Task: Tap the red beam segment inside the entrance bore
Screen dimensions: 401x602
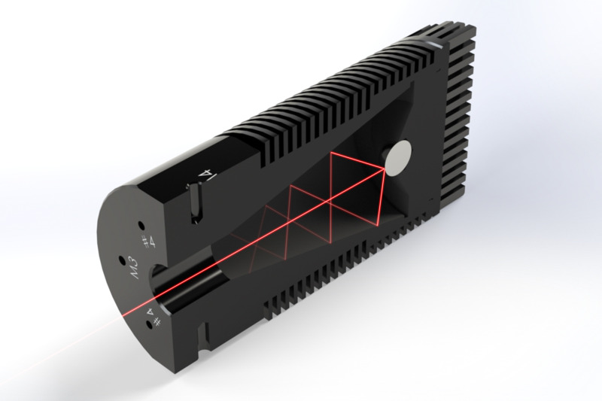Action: click(x=188, y=280)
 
